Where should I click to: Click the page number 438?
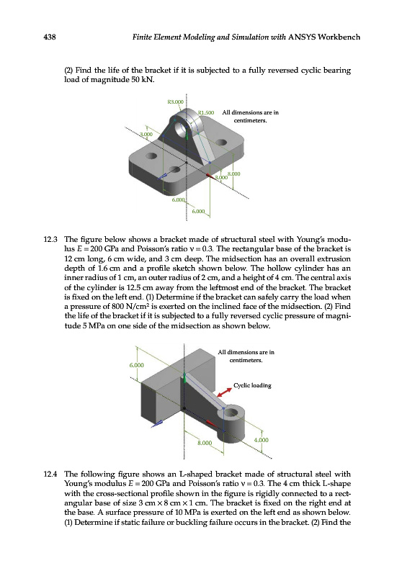(50, 37)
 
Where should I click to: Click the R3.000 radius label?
(175, 102)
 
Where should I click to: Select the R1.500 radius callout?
(206, 112)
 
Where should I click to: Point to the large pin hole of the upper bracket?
(182, 129)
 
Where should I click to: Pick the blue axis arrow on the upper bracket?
(164, 176)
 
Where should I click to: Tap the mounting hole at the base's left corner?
(151, 156)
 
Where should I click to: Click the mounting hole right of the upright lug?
(221, 143)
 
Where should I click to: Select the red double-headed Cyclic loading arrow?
(224, 392)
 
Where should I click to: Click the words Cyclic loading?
(252, 385)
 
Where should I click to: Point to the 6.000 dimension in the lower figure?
(136, 365)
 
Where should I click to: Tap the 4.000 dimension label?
(262, 440)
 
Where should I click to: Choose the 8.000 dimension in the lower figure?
(205, 443)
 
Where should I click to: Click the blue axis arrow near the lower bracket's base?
(157, 423)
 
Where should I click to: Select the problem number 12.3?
(50, 240)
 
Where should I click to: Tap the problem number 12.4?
(50, 474)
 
